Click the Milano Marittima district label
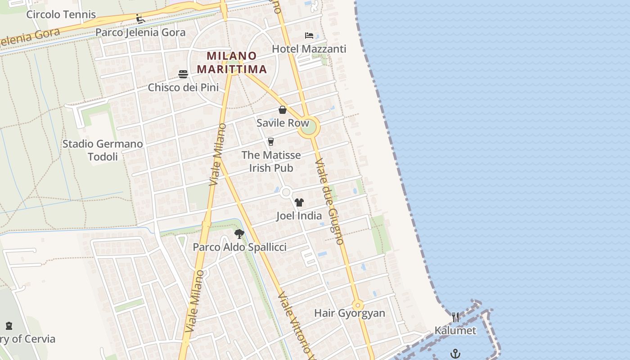click(x=232, y=63)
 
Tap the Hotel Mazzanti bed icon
click(x=309, y=36)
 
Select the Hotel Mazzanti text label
click(x=309, y=49)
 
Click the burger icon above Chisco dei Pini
click(x=183, y=74)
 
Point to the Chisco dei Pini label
click(x=183, y=87)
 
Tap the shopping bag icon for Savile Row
click(x=283, y=110)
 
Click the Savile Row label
click(x=283, y=123)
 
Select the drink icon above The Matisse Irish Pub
click(x=271, y=142)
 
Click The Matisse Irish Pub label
click(x=271, y=161)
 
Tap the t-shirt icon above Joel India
click(x=299, y=202)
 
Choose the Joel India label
click(x=299, y=216)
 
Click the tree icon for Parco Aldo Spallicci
click(x=239, y=234)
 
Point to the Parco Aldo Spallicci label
click(x=239, y=247)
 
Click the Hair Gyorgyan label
click(x=350, y=313)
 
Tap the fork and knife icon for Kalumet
click(x=455, y=317)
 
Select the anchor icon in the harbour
click(x=455, y=354)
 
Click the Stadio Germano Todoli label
click(x=103, y=150)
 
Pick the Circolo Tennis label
click(x=61, y=14)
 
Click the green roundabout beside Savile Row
click(x=309, y=128)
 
